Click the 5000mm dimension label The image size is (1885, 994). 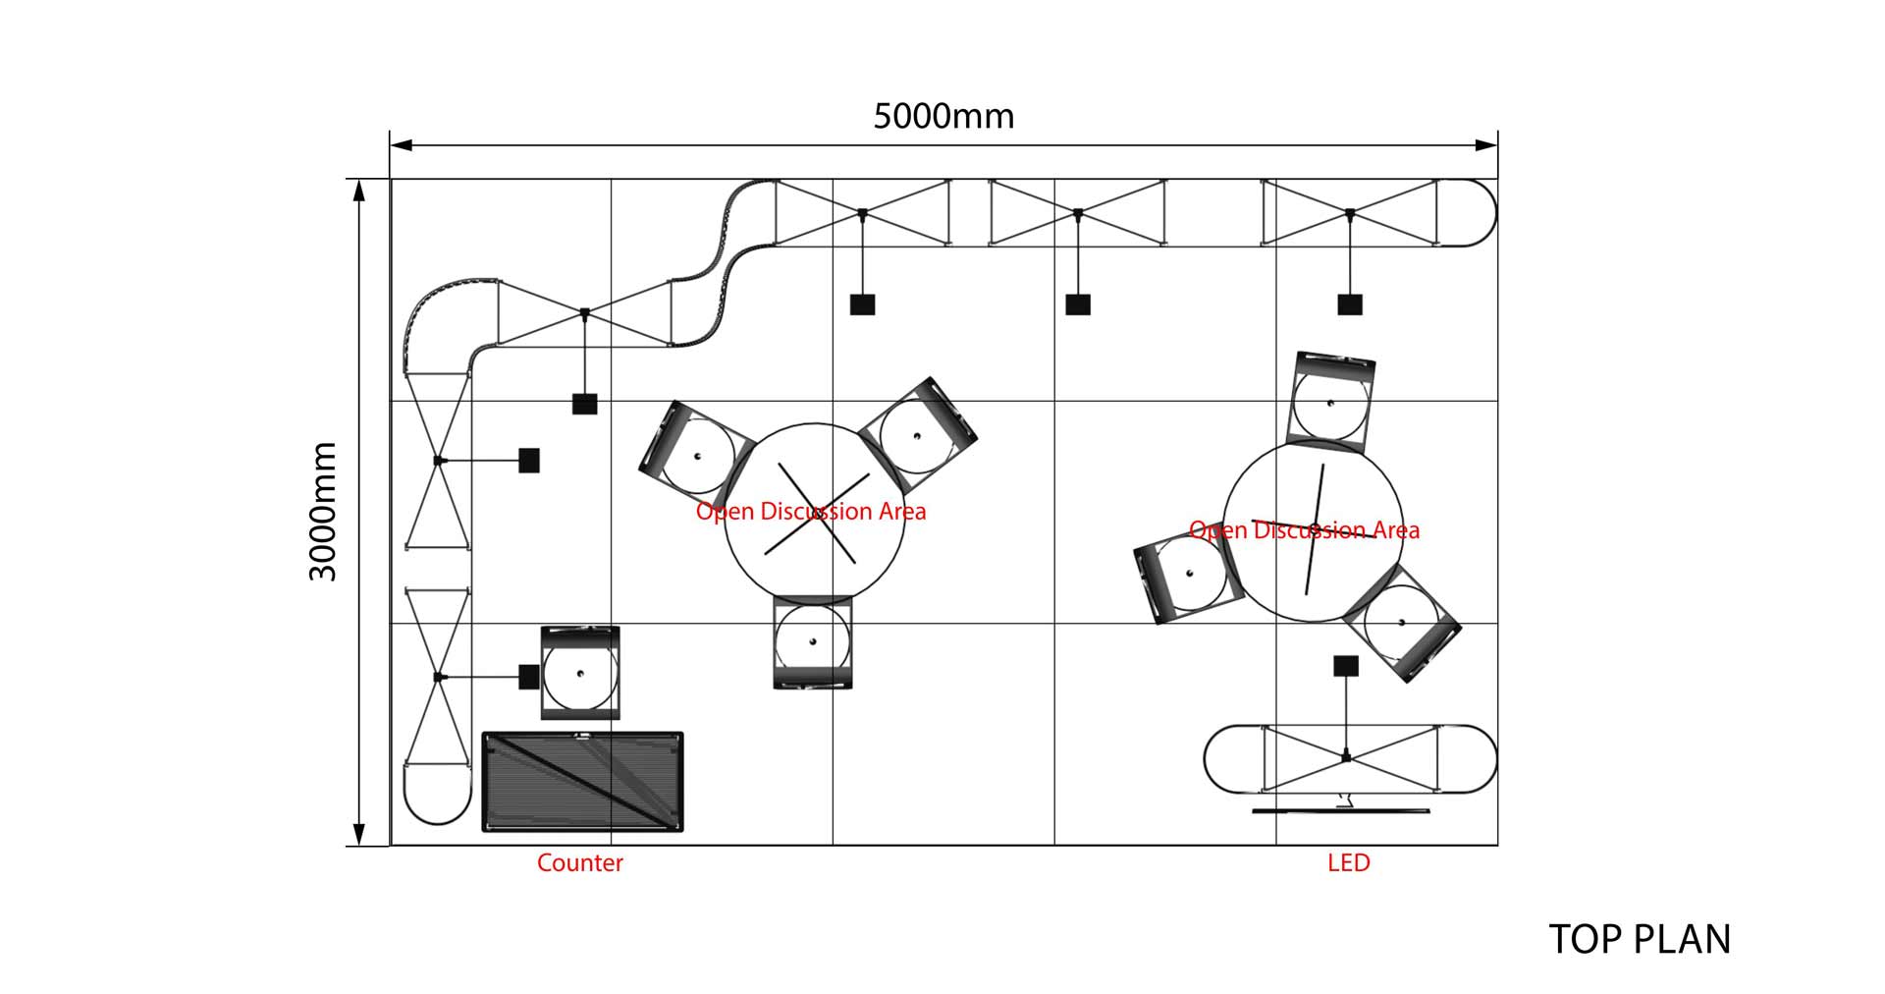point(943,116)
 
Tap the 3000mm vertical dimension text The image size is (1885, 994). point(323,511)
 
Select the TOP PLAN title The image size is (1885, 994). point(1640,940)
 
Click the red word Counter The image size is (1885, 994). point(579,863)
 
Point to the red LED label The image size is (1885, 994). point(1348,863)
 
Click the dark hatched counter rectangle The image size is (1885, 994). point(582,782)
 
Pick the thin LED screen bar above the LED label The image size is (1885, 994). point(1341,811)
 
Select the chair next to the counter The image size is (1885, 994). point(580,673)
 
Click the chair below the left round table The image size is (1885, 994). point(813,643)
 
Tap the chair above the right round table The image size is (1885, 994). point(1330,401)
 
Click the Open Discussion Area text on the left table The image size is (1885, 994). point(811,512)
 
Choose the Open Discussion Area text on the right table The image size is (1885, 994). point(1304,531)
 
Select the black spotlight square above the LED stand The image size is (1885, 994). point(1346,666)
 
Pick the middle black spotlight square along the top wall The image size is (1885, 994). point(1078,304)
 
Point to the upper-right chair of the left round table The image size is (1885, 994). point(918,434)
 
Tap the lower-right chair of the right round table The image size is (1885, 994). point(1404,623)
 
